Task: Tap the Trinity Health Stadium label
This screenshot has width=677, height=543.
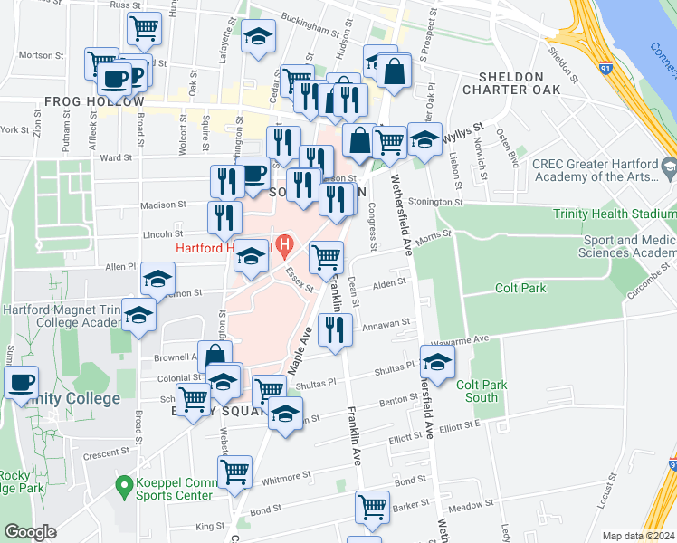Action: click(x=615, y=214)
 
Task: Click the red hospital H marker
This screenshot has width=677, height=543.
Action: click(x=286, y=244)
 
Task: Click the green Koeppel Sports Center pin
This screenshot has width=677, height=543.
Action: click(x=124, y=488)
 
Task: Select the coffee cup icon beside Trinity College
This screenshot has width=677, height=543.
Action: click(x=21, y=380)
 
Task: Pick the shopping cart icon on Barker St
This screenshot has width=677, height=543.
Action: click(x=372, y=508)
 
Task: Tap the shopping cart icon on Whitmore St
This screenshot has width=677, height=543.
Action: click(x=235, y=471)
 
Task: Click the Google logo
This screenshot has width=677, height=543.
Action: click(x=30, y=532)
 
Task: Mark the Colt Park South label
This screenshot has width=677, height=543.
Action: click(x=477, y=391)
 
